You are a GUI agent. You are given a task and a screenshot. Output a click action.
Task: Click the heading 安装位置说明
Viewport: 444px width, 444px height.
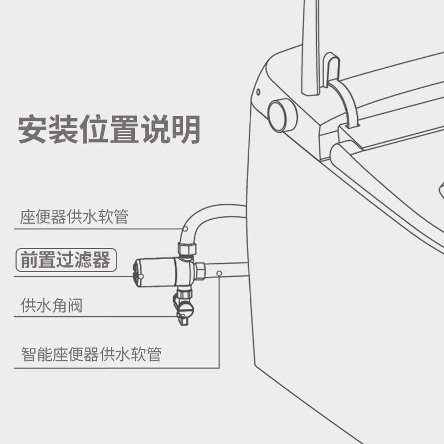(109, 129)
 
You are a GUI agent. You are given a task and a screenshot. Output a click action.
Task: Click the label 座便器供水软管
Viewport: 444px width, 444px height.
(74, 216)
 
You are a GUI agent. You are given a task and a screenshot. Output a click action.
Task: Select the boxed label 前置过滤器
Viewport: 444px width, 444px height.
(65, 260)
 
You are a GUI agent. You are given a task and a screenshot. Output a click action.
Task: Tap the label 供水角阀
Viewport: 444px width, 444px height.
(51, 305)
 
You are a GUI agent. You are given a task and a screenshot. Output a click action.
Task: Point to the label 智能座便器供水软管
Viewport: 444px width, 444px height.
(91, 354)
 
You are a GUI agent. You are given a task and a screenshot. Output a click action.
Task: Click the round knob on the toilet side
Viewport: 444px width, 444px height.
(282, 115)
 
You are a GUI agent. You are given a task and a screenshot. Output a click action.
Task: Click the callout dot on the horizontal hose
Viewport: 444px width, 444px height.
(220, 273)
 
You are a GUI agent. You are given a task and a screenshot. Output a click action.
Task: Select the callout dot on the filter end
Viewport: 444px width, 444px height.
(140, 276)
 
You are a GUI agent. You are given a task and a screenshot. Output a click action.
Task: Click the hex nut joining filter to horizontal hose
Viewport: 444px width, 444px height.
(200, 272)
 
